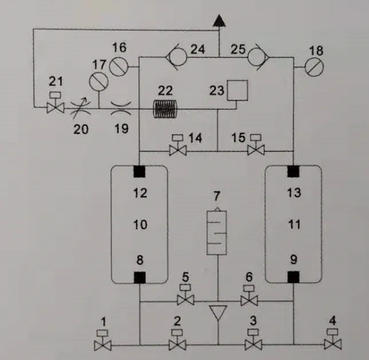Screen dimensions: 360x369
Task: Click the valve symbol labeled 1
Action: pos(103,345)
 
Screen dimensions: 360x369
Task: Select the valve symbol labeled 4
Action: pos(331,345)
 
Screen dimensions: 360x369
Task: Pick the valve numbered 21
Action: pos(55,106)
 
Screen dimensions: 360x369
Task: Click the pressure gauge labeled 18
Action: pos(315,68)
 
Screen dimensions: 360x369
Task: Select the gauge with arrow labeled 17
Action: pos(99,81)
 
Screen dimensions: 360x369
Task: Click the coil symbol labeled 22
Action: pos(167,107)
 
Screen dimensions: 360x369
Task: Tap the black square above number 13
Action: pos(293,171)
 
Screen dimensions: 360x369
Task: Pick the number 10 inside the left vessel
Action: pos(140,225)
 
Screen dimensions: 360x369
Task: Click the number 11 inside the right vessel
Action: pos(293,225)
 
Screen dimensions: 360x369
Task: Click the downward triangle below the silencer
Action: pos(217,312)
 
